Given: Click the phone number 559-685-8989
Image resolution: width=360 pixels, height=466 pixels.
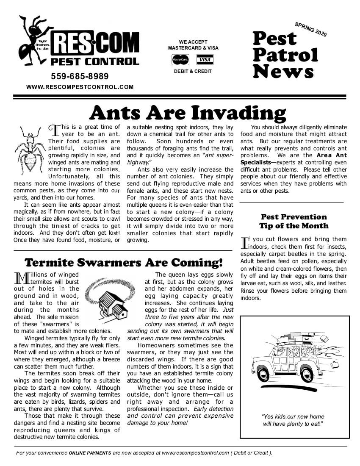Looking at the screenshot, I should tap(80, 77).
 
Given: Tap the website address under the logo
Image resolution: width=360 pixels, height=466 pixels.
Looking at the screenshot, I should tap(80, 87).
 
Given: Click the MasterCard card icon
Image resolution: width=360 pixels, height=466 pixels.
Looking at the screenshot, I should tap(180, 60).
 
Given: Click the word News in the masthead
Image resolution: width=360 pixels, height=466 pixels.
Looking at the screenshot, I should tap(283, 71).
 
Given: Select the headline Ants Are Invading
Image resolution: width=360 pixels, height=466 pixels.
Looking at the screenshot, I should tap(188, 113).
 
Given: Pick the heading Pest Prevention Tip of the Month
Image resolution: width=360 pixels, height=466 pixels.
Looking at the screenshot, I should tap(294, 221).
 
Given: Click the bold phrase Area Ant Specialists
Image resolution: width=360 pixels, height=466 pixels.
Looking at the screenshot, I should tap(294, 159).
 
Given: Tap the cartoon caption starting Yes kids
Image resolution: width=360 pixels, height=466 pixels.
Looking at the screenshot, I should tap(293, 420).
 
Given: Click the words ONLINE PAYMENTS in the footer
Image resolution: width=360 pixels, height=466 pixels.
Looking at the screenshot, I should tap(90, 453).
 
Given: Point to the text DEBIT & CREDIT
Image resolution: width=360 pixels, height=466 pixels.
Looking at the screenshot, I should tap(193, 71).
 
